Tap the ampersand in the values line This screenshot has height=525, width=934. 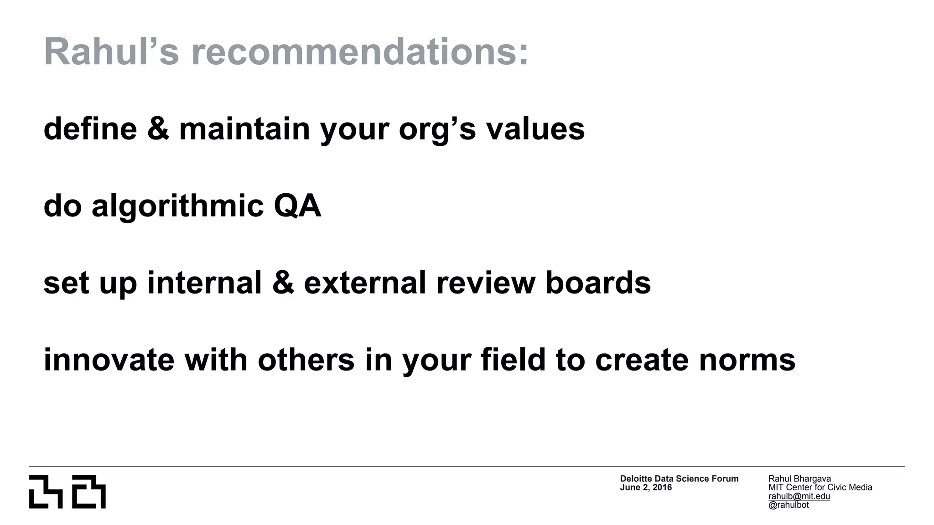click(158, 129)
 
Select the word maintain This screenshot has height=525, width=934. click(244, 129)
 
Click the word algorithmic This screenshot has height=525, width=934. click(177, 206)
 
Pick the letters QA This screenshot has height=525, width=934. click(297, 206)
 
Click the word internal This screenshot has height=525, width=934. click(205, 283)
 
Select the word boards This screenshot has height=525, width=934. click(598, 283)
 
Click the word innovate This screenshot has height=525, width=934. click(109, 360)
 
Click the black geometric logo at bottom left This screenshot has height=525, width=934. click(67, 492)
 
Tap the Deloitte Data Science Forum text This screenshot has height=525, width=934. click(679, 479)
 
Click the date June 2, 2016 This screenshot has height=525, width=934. click(646, 488)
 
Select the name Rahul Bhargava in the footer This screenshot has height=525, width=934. click(799, 479)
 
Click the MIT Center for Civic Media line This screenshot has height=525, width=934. click(820, 487)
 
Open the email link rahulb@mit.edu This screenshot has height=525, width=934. click(799, 496)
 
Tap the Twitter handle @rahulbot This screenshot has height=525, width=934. click(789, 505)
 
